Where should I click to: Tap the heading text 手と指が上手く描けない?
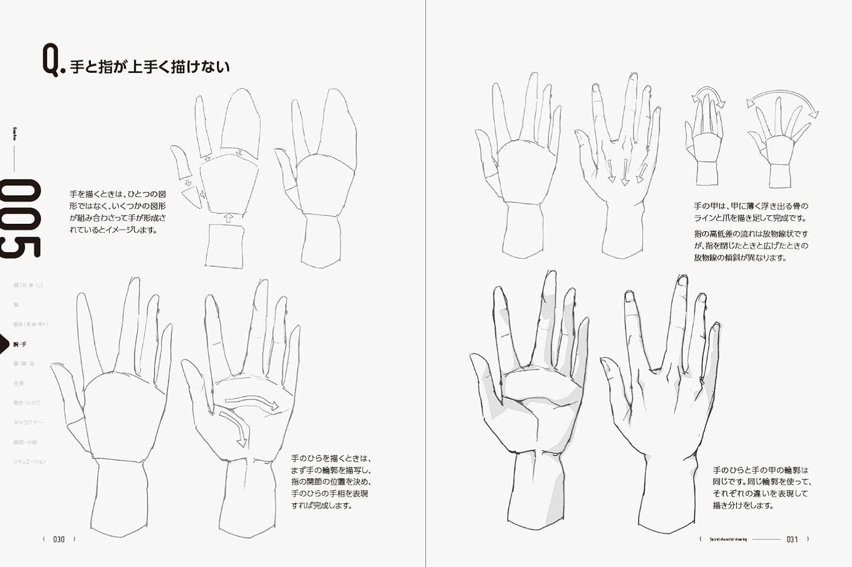point(150,66)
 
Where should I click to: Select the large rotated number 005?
point(21,219)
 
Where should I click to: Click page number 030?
point(59,539)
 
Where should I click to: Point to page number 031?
point(792,539)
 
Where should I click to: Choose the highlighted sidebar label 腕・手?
point(20,344)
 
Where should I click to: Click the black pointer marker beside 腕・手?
point(5,344)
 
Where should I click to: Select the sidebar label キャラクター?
point(28,422)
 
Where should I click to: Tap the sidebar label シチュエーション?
point(30,461)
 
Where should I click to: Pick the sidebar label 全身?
point(19,383)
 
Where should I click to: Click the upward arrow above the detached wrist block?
point(228,217)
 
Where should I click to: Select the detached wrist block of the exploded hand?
point(225,246)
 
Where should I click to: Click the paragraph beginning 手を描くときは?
point(118,212)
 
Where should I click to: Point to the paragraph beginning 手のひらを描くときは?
point(330,481)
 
